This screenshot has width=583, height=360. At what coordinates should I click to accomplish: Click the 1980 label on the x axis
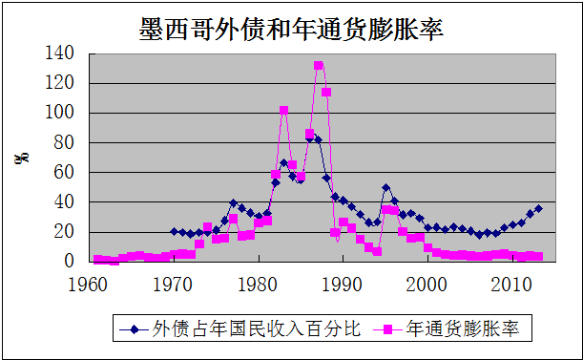pos(258,283)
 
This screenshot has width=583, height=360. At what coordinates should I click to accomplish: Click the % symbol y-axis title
pos(20,158)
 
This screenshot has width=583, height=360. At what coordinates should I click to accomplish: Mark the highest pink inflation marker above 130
pos(318,66)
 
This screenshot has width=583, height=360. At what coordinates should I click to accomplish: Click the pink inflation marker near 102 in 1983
pos(283,110)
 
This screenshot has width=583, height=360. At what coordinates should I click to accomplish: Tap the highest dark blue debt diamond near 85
pos(309,137)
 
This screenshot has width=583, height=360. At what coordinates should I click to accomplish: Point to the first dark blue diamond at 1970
pos(174,231)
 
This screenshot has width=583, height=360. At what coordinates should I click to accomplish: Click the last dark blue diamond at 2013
pos(538,208)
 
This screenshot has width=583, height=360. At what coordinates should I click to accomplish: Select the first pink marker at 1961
pos(96,259)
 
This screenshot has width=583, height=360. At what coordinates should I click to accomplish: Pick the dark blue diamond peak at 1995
pos(385,188)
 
